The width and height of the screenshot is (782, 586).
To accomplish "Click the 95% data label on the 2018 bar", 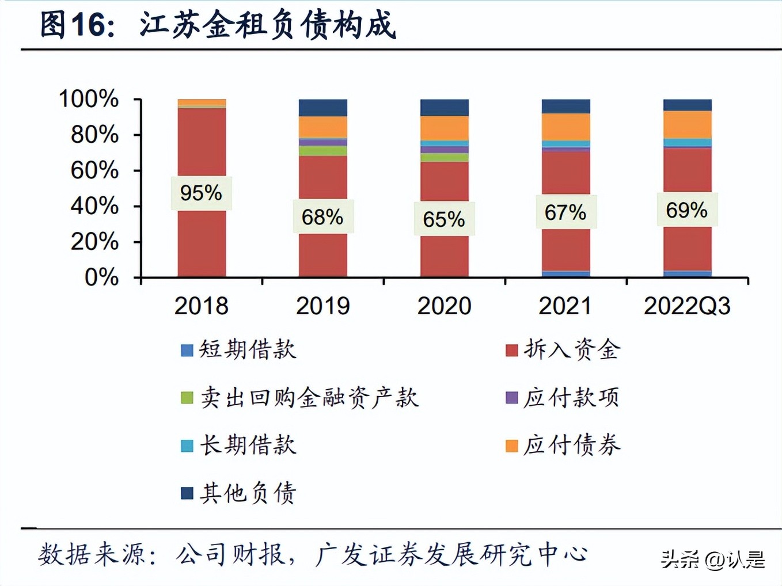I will pyautogui.click(x=201, y=193).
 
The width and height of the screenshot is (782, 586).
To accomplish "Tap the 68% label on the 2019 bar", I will pyautogui.click(x=322, y=217).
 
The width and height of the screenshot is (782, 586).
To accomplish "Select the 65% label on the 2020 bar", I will pyautogui.click(x=444, y=219).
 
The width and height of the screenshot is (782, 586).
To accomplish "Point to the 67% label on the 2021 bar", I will pyautogui.click(x=565, y=212).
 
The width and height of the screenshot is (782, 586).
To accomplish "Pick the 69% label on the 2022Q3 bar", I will pyautogui.click(x=687, y=210).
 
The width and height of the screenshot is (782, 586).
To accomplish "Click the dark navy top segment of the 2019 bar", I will pyautogui.click(x=323, y=108).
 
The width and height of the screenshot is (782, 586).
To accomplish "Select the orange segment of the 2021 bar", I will pyautogui.click(x=566, y=127).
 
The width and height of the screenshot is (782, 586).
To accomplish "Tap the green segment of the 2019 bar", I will pyautogui.click(x=323, y=151).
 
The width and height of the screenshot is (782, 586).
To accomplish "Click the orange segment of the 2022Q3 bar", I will pyautogui.click(x=688, y=124).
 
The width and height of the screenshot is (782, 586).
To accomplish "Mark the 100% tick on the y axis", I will pyautogui.click(x=89, y=99).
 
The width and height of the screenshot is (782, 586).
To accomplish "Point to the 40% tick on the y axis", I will pyautogui.click(x=94, y=206).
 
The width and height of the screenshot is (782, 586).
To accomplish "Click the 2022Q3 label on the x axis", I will pyautogui.click(x=687, y=306).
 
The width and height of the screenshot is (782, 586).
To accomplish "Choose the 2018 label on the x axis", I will pyautogui.click(x=201, y=306).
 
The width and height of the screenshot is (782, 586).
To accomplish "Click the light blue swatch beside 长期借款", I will pyautogui.click(x=187, y=446).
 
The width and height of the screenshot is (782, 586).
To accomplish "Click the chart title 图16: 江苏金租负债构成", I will pyautogui.click(x=218, y=25).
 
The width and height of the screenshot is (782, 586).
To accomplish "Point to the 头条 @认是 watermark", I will pyautogui.click(x=713, y=559).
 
